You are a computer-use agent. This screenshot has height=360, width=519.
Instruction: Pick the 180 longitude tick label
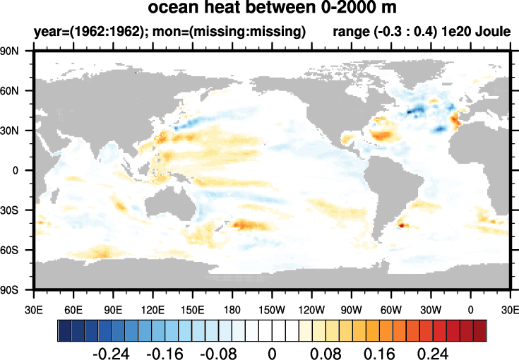coord(232,309)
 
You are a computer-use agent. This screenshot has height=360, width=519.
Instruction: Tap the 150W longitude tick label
coord(272,309)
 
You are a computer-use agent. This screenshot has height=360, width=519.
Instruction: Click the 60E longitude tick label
coord(73,309)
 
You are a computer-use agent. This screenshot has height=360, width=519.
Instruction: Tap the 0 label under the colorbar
coord(271,352)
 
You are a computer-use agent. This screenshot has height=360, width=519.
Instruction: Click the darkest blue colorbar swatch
coord(64,329)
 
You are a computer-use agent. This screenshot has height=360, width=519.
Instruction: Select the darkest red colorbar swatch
coord(479,329)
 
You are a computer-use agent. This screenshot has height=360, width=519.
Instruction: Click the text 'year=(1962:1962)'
coord(78,32)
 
